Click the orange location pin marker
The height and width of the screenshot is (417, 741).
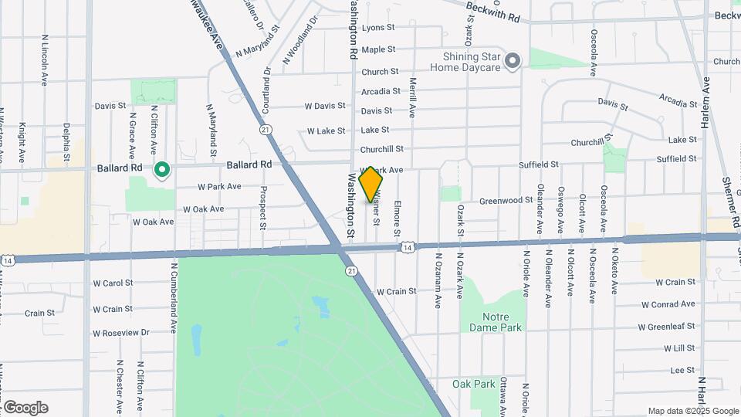(370, 184)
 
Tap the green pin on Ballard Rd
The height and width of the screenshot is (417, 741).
(162, 169)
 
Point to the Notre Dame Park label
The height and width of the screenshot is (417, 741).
(496, 321)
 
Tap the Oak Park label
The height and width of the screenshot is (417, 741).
(473, 384)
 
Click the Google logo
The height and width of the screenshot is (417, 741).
(25, 408)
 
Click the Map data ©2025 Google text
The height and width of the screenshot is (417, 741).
(693, 411)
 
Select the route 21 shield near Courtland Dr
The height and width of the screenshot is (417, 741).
(266, 130)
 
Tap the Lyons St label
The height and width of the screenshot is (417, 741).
(378, 27)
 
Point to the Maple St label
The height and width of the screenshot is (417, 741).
(378, 49)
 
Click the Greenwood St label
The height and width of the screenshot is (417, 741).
(506, 200)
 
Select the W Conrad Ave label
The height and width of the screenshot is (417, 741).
(668, 304)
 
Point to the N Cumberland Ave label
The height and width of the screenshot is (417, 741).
(174, 297)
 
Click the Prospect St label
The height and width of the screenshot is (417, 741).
(263, 208)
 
